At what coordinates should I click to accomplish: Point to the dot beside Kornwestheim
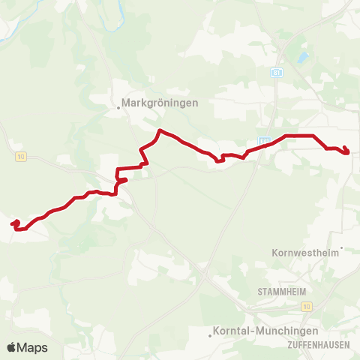(341, 248)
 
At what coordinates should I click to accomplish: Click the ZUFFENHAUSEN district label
(316, 344)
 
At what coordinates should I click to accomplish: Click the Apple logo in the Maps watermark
(12, 347)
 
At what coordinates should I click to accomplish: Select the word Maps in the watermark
(33, 347)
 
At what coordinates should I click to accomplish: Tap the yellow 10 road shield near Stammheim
(307, 307)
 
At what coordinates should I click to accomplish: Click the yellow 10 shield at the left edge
(19, 156)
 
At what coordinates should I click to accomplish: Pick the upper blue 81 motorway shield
(276, 72)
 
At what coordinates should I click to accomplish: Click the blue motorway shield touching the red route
(264, 140)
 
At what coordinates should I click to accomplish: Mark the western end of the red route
(13, 223)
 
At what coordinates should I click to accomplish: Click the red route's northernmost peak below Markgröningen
(158, 131)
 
